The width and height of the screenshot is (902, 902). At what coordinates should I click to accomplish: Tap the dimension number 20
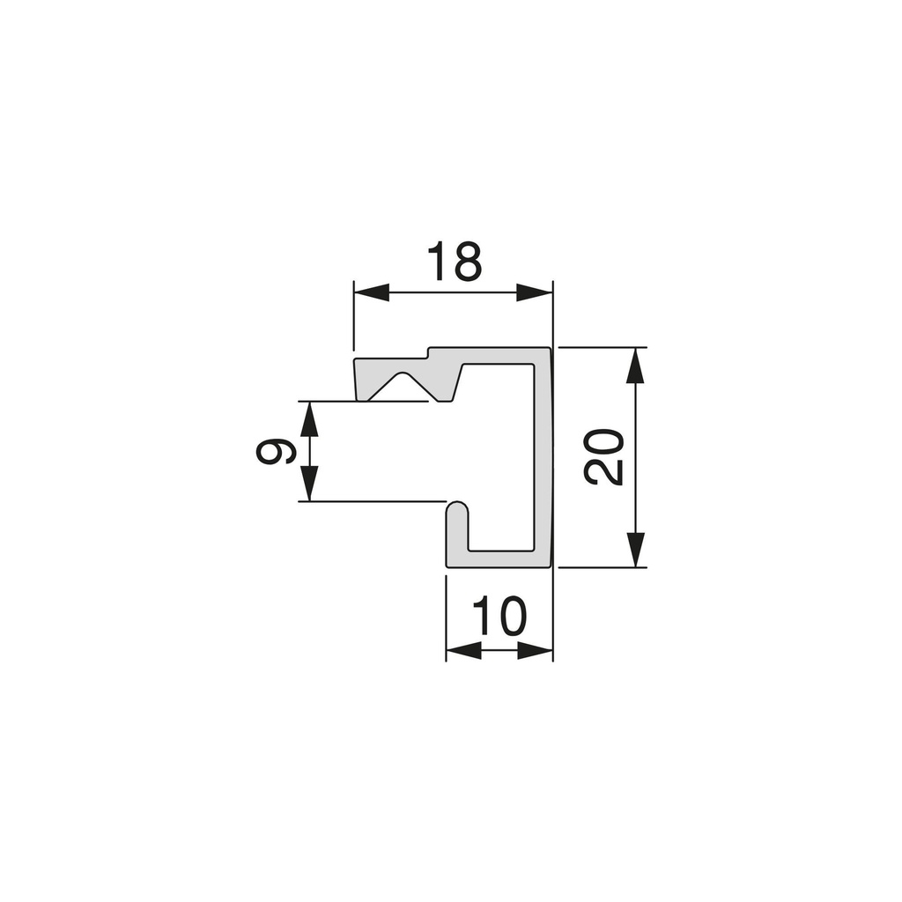tap(603, 457)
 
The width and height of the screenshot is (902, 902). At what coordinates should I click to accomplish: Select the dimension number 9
tap(276, 451)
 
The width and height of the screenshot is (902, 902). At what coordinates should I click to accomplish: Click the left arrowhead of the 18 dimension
tap(372, 292)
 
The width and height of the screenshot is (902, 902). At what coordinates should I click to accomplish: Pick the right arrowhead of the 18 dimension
tap(535, 292)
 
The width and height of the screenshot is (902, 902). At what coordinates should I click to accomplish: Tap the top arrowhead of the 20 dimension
tap(635, 366)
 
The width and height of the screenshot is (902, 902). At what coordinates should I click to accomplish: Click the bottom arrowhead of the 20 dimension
tap(635, 550)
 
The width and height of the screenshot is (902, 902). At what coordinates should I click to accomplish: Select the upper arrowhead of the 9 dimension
tap(309, 418)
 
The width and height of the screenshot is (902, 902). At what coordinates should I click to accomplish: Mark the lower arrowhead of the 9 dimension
tap(309, 484)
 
